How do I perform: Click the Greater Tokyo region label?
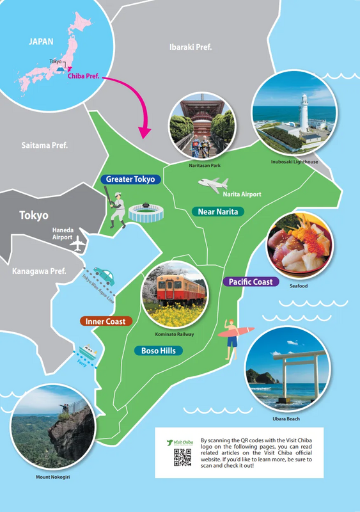point(130,179)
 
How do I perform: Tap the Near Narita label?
point(217,211)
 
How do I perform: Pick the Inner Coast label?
point(106,321)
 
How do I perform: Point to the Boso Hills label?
point(159,351)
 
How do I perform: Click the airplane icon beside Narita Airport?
point(213,185)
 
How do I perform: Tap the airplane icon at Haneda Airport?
point(78,244)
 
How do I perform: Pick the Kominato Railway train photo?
point(175,294)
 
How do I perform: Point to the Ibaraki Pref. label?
point(191,47)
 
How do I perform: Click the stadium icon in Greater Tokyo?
point(146,213)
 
